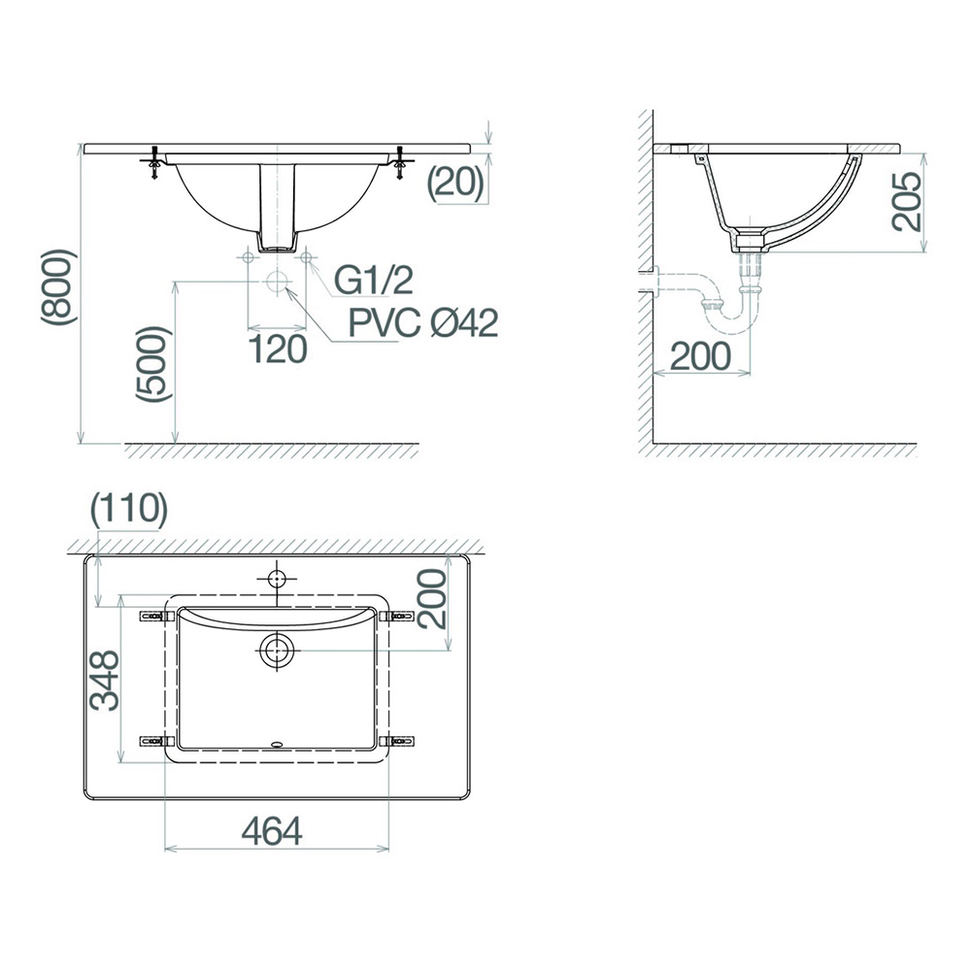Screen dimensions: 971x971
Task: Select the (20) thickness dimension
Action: coord(455,184)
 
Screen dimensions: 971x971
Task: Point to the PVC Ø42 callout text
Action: coord(423,322)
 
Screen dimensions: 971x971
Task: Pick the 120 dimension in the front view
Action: coord(278,350)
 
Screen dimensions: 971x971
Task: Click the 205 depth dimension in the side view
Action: coord(906,202)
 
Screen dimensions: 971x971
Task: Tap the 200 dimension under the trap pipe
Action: coord(700,355)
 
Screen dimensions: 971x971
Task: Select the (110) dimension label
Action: coord(129,510)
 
